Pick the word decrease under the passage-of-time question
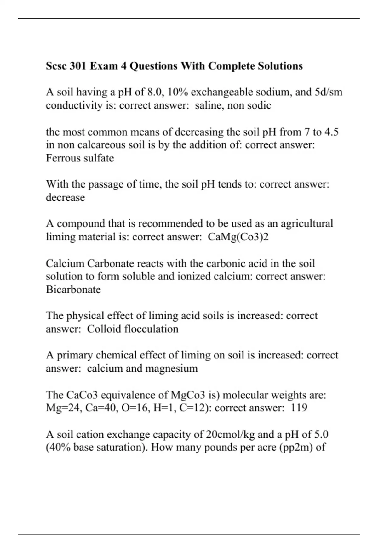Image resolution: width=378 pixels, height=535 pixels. click(65, 198)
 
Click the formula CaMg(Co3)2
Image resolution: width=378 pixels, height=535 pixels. click(238, 237)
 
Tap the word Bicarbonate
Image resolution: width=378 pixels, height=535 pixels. click(73, 290)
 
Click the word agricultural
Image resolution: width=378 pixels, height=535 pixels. click(306, 224)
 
